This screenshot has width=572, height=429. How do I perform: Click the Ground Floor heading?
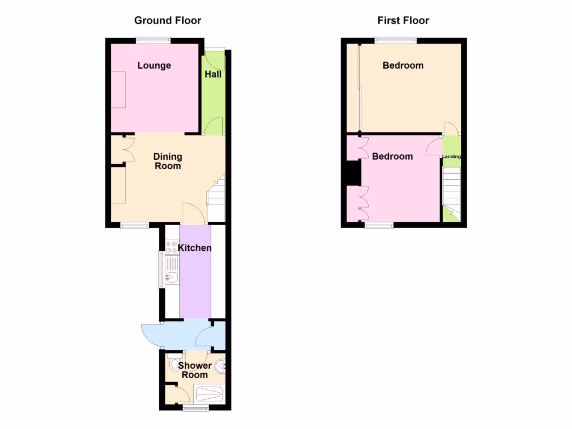pos(168,21)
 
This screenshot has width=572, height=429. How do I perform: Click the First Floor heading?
pos(403,21)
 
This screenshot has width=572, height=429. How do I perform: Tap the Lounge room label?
pos(154,65)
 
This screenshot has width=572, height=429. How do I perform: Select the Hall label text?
pos(213,74)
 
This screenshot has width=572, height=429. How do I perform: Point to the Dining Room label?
pos(168,161)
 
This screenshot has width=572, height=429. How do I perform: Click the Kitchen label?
pos(195,247)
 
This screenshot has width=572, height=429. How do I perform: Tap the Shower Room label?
pos(195,370)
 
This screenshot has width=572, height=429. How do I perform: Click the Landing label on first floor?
pos(452,157)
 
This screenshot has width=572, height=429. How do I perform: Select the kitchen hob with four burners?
pos(171,247)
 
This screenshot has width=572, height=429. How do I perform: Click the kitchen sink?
pos(173,276)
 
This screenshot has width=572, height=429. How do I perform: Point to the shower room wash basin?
pos(222,366)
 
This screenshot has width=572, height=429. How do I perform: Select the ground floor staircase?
pos(216,198)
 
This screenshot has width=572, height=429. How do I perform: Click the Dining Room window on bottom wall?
pos(135,225)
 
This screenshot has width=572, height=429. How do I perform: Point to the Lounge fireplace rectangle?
pos(119,89)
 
